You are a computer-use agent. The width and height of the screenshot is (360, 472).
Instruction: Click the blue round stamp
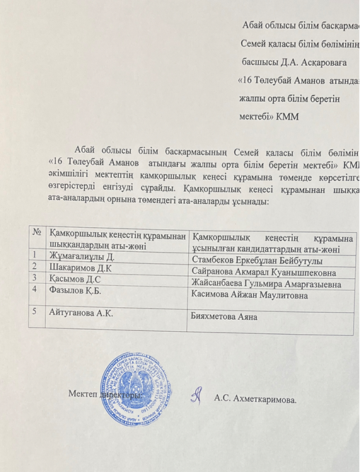tap(135, 388)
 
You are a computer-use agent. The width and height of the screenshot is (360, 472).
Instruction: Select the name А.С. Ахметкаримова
tap(255, 399)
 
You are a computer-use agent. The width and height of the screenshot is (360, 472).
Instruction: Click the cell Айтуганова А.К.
tap(81, 312)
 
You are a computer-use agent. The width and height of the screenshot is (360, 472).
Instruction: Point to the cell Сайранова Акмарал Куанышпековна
tap(264, 272)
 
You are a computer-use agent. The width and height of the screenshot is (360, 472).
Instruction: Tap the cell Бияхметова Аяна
tap(225, 316)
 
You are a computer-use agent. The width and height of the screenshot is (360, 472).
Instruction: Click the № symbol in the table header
tap(36, 233)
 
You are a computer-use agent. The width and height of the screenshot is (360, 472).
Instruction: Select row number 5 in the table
tap(34, 311)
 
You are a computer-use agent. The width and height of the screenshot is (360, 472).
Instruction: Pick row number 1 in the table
tap(34, 255)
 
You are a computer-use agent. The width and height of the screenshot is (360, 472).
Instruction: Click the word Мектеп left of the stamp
tap(83, 393)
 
